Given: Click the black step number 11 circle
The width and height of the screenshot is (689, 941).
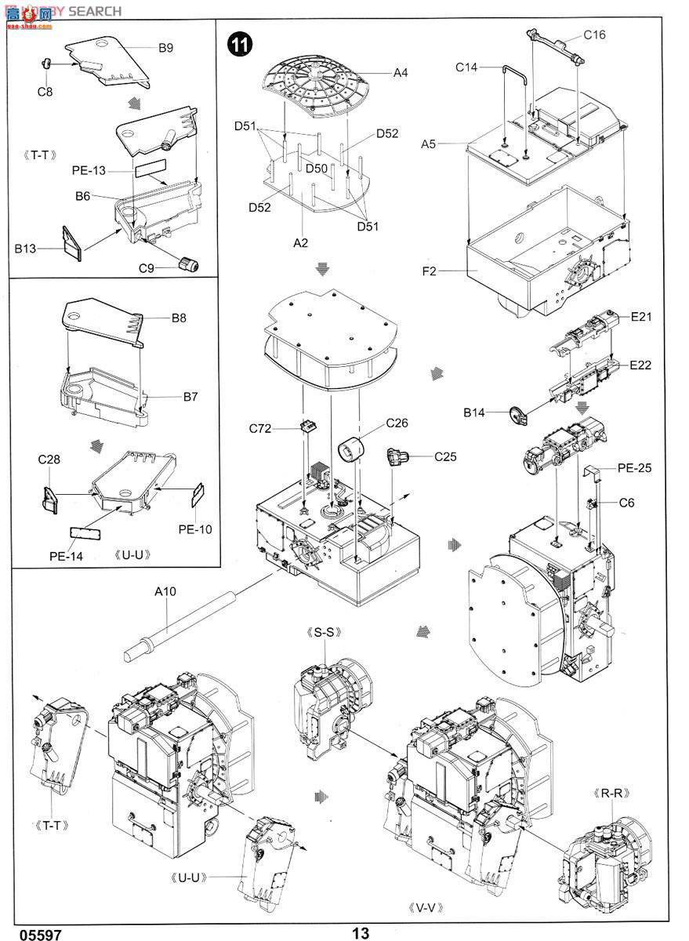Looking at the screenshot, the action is (240, 44).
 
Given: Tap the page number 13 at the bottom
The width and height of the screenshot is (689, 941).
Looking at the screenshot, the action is (361, 932).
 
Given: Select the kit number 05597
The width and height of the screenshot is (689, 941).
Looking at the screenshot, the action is (40, 934).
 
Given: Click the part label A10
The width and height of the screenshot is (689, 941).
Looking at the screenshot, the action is (165, 591).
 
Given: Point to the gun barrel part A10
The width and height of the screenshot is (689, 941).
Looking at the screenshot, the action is (180, 626).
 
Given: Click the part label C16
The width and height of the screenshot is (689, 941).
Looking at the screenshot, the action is (594, 35).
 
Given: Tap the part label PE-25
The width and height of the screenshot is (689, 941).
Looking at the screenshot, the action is (634, 467).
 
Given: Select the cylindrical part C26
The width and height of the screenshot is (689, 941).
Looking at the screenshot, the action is (351, 449).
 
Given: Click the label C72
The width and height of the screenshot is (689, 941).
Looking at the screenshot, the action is (260, 428).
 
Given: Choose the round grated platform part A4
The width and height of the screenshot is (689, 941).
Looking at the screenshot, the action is (316, 90).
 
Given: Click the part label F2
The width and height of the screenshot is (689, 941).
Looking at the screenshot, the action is (429, 271).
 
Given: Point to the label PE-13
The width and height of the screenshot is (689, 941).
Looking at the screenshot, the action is (89, 170).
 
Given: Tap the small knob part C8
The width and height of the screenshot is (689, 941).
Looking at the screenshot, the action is (45, 64).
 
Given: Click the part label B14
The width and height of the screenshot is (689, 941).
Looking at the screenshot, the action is (473, 412).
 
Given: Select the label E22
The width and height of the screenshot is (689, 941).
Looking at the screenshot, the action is (640, 365).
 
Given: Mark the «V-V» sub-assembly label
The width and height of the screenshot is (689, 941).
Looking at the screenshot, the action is (426, 908).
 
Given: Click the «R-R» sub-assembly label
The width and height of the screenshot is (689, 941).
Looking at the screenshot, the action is (612, 793).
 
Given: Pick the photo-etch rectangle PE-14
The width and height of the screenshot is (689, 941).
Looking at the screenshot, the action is (85, 534).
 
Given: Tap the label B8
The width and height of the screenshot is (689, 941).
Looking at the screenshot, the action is (179, 318).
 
